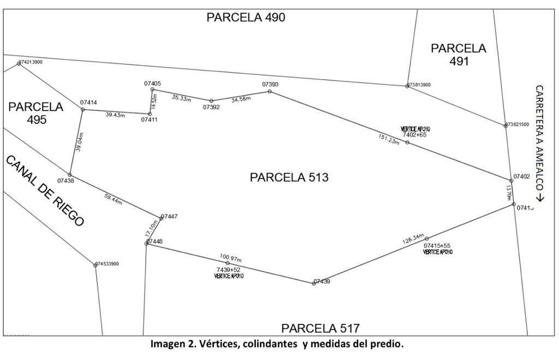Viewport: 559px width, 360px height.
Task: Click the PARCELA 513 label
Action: tap(289, 178)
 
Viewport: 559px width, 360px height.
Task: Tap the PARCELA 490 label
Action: tap(246, 17)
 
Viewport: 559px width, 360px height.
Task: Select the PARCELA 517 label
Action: tap(320, 328)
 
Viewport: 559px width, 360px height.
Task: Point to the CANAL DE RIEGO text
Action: tap(45, 191)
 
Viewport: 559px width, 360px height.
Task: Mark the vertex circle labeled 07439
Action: tap(314, 284)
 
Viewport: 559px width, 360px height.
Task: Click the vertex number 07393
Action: tap(270, 85)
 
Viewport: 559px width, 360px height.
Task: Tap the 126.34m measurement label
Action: tap(413, 238)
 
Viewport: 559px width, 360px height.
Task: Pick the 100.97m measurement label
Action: tap(230, 257)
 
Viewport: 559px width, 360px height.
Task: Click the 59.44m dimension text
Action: tap(113, 199)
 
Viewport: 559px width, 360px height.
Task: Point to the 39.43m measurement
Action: tap(115, 115)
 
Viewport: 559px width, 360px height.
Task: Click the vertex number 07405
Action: tap(152, 84)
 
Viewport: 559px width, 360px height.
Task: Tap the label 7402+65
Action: tap(414, 134)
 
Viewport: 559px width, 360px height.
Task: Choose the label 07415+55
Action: tap(437, 246)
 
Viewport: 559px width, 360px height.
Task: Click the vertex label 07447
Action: tap(169, 216)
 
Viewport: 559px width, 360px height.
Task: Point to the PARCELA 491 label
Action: tap(459, 55)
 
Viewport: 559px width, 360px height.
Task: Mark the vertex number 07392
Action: tap(211, 108)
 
